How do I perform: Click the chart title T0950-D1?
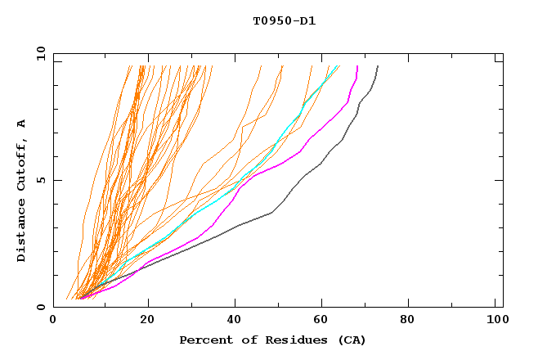click(284, 21)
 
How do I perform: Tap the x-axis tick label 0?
click(53, 320)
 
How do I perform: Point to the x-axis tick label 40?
click(235, 320)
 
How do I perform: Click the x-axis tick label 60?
click(324, 320)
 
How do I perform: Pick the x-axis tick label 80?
click(412, 320)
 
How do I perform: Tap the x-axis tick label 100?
click(496, 320)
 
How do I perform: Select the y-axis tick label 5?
click(44, 180)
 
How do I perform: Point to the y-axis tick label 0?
click(44, 307)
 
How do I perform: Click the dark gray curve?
click(270, 213)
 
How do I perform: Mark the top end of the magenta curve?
click(356, 66)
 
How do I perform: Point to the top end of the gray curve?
click(377, 66)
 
